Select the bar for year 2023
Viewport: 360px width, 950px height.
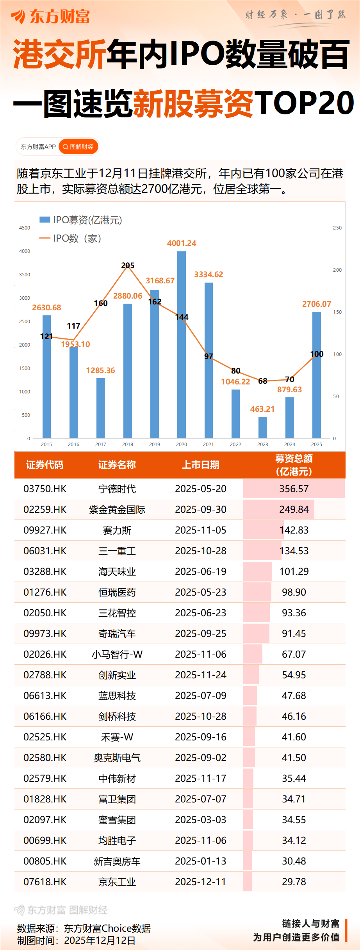coord(263,427)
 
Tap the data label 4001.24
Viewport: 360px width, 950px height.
coord(182,243)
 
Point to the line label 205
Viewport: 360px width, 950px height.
coord(128,265)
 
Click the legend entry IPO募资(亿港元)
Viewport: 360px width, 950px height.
coord(81,220)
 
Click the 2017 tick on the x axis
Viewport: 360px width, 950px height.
coord(101,444)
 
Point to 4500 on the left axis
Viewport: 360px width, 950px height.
coord(25,228)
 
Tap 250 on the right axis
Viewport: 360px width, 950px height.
coord(337,228)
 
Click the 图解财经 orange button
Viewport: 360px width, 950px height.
coord(78,147)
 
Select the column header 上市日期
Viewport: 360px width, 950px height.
coord(201,465)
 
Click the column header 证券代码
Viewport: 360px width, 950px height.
coord(45,465)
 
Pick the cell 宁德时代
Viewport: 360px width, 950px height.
coord(117,489)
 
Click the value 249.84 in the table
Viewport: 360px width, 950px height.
coord(294,509)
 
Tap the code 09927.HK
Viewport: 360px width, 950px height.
coord(45,530)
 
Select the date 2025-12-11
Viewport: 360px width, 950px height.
coord(201,882)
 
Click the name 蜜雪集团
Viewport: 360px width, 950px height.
coord(117,820)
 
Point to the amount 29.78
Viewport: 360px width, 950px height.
coord(294,882)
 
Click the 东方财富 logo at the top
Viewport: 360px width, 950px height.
coord(51,16)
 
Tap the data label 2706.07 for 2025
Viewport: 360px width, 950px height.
coord(316,304)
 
